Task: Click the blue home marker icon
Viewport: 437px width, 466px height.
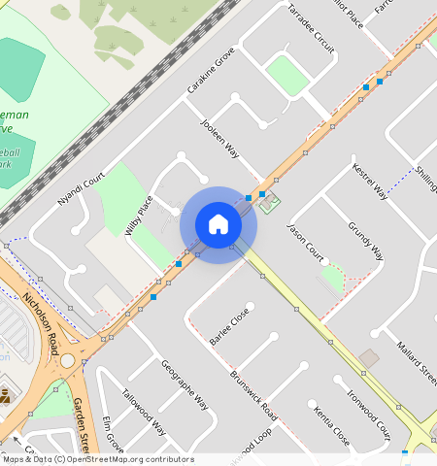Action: click(218, 225)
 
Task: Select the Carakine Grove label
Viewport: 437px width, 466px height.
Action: click(211, 70)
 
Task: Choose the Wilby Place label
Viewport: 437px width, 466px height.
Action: click(140, 216)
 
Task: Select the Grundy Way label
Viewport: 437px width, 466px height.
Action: click(365, 241)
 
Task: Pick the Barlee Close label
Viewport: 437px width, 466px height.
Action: click(229, 325)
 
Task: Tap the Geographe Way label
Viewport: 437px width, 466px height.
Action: click(185, 384)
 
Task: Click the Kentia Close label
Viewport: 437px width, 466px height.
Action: click(331, 425)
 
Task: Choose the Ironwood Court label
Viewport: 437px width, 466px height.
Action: click(369, 416)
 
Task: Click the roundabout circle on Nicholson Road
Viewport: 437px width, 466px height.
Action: click(67, 361)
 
